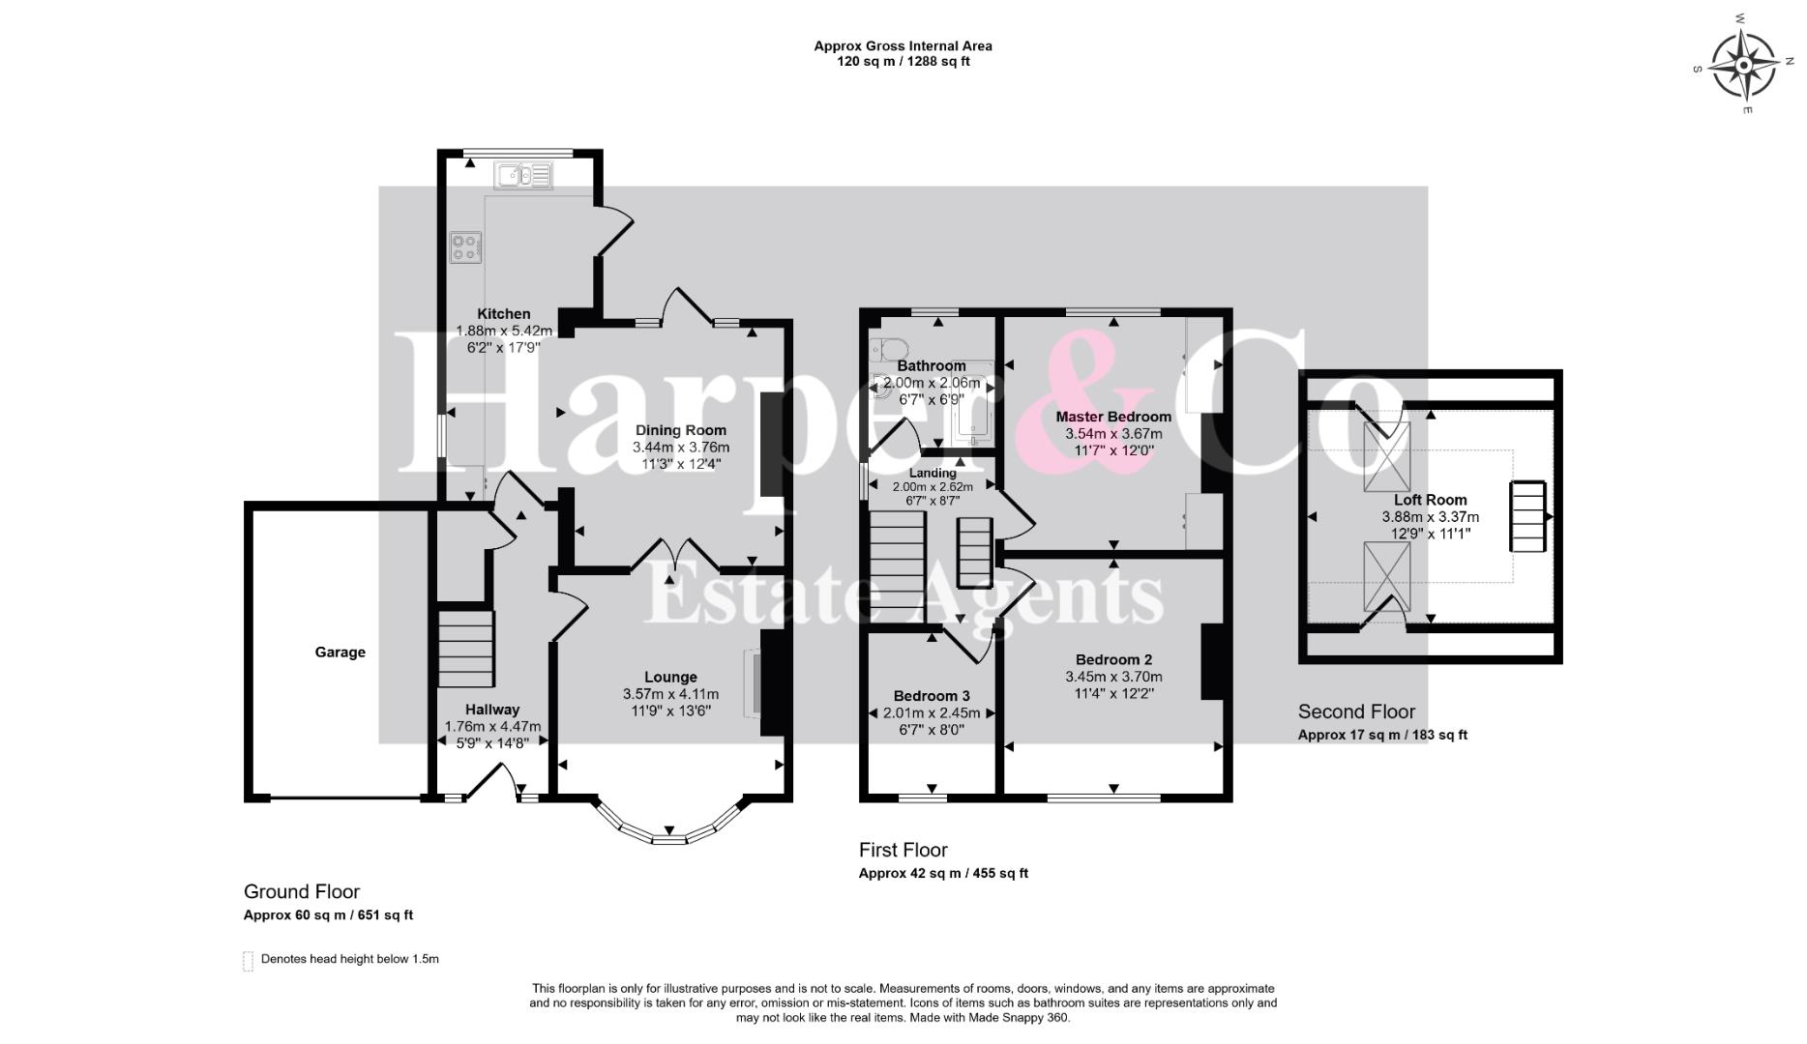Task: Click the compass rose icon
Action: tap(1743, 65)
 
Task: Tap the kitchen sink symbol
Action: tap(522, 175)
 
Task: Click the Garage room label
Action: tap(341, 652)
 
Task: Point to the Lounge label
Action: tap(671, 678)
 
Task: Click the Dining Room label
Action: tap(681, 431)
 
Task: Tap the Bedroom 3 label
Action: tap(932, 696)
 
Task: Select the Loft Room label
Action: tap(1431, 500)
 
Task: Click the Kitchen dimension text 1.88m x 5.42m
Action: tap(504, 331)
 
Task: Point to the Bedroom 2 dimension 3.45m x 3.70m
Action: tap(1114, 677)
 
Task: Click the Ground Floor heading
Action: tap(302, 892)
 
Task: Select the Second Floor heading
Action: tap(1356, 712)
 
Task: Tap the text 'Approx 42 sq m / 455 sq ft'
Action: tap(943, 874)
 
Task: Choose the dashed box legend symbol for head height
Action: tap(248, 961)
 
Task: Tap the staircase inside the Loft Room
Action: tap(1529, 517)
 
